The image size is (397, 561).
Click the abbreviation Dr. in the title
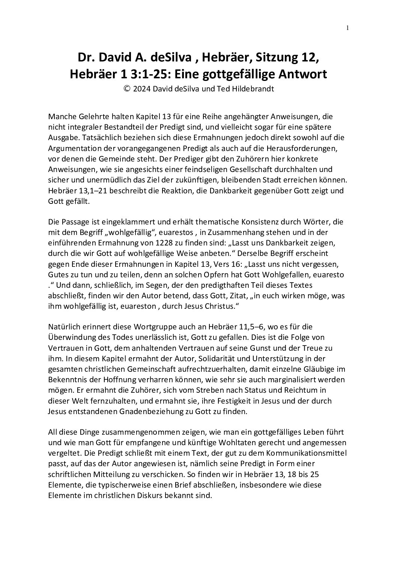click(85, 58)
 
